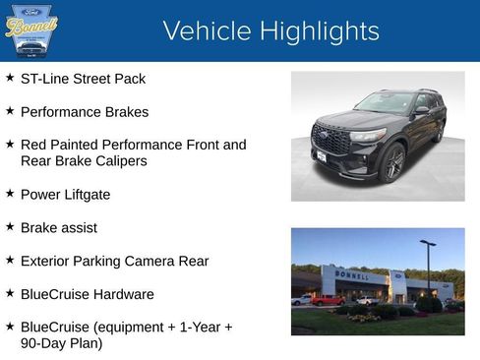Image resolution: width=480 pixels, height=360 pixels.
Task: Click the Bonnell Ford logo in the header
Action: tap(30, 30)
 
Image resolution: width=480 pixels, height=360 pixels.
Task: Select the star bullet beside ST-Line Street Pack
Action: tap(10, 77)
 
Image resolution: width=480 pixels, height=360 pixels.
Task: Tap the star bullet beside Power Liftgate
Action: tap(10, 193)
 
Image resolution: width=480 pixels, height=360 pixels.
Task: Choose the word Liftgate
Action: tap(86, 195)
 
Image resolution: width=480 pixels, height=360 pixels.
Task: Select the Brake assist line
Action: tap(58, 227)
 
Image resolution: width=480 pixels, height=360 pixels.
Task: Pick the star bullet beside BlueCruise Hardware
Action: tap(10, 292)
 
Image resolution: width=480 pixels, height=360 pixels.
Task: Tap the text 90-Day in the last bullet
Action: tap(44, 344)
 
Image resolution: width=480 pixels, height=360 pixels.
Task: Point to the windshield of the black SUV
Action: tap(386, 102)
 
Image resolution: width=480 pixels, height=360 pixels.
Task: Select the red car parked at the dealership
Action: tap(327, 300)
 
